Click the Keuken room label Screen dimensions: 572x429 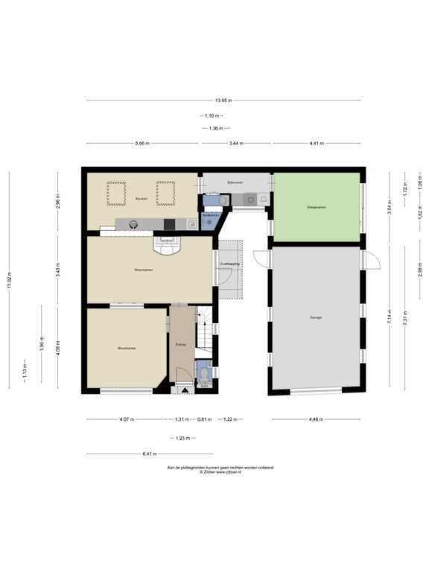pyautogui.click(x=141, y=199)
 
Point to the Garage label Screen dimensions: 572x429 pyautogui.click(x=316, y=318)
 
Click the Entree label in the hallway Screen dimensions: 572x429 pyautogui.click(x=180, y=345)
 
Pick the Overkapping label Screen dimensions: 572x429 pyautogui.click(x=229, y=264)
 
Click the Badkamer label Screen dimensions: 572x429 pyautogui.click(x=211, y=215)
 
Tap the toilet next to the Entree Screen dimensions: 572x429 pyautogui.click(x=205, y=372)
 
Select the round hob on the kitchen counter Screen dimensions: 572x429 pyautogui.click(x=134, y=223)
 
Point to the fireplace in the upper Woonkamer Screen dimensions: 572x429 pyautogui.click(x=168, y=241)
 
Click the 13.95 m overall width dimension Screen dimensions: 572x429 pyautogui.click(x=223, y=101)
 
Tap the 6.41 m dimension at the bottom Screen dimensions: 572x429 pyautogui.click(x=149, y=454)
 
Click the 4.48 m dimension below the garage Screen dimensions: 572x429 pyautogui.click(x=318, y=419)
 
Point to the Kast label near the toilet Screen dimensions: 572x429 pyautogui.click(x=204, y=387)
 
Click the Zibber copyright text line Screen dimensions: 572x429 pyautogui.click(x=220, y=472)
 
